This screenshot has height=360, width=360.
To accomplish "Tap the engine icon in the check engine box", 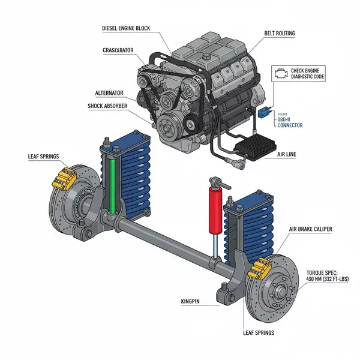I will [x=281, y=73].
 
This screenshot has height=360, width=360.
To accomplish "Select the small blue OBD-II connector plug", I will [x=264, y=112].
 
